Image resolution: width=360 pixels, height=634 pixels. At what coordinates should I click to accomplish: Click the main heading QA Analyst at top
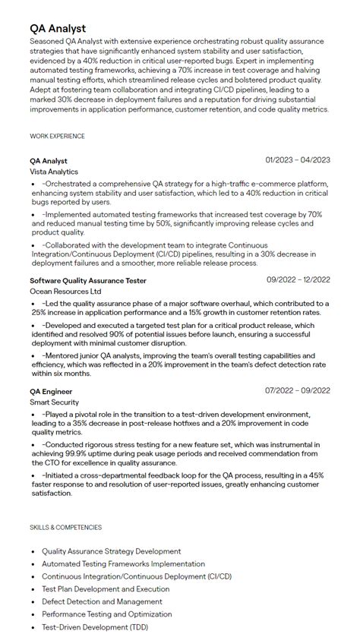(58, 29)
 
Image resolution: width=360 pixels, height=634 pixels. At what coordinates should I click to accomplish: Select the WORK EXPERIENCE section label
(57, 137)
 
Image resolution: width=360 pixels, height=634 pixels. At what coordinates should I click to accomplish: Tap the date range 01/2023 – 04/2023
(298, 160)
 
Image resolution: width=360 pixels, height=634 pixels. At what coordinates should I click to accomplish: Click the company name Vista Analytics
(54, 172)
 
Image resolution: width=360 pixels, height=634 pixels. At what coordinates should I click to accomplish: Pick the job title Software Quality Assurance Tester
(88, 280)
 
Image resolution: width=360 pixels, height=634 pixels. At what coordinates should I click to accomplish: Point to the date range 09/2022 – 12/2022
(298, 280)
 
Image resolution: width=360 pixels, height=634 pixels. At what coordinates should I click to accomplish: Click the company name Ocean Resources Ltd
(65, 292)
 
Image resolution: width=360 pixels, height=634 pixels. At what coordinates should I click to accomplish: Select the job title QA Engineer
(52, 390)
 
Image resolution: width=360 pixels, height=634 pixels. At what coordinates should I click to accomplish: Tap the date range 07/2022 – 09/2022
(298, 390)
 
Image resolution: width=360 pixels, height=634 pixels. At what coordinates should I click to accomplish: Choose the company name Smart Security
(54, 402)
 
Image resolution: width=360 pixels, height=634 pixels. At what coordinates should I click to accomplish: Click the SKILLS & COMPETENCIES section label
(66, 527)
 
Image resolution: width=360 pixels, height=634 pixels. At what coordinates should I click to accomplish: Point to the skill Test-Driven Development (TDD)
(96, 626)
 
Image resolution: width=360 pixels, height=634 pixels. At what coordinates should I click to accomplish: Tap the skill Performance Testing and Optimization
(107, 614)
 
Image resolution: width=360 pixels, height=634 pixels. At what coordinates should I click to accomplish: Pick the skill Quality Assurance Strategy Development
(111, 551)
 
